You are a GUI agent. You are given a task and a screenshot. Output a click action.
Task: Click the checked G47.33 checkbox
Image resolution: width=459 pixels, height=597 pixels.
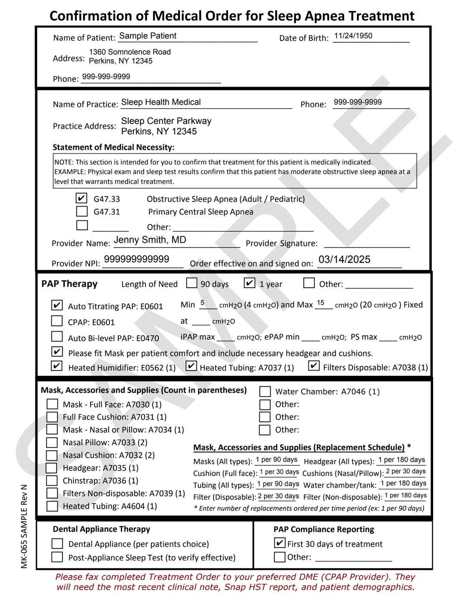(x=82, y=198)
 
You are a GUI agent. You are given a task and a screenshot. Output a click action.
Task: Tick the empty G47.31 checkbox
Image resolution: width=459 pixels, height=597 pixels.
(x=82, y=211)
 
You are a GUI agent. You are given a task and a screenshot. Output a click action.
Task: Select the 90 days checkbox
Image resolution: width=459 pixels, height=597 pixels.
(x=192, y=283)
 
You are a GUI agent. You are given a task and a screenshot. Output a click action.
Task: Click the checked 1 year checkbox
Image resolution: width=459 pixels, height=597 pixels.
(x=249, y=283)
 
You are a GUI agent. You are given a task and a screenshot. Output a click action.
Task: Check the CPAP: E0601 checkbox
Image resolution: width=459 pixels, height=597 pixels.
(x=57, y=321)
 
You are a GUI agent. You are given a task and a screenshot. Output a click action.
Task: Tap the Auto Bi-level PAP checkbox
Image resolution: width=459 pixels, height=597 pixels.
(x=57, y=336)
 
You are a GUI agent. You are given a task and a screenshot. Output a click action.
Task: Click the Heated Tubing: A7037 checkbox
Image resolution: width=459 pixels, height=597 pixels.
(x=191, y=366)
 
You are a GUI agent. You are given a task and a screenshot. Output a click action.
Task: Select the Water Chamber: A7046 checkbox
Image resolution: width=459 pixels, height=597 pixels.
(x=265, y=391)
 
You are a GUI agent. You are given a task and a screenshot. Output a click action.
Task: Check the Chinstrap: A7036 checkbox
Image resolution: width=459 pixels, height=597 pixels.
(x=52, y=481)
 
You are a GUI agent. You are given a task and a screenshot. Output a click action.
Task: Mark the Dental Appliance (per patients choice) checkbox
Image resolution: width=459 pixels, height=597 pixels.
(x=57, y=544)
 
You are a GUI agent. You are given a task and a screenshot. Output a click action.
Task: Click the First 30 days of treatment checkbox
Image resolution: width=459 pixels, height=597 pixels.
(x=280, y=543)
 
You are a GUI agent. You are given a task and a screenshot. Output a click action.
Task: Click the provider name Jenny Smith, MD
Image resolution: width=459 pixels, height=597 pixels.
(x=150, y=240)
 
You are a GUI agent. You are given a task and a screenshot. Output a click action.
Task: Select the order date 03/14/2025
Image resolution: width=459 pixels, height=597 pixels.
(x=344, y=259)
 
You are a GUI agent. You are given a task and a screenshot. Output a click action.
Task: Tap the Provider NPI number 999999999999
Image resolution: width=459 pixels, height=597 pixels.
(x=136, y=259)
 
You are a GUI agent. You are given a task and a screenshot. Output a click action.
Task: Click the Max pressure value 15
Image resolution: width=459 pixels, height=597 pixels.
(x=321, y=303)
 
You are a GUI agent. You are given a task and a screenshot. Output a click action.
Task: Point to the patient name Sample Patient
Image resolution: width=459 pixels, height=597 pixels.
(x=148, y=36)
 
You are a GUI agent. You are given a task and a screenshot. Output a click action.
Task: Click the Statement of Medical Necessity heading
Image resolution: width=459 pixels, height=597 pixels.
(x=113, y=148)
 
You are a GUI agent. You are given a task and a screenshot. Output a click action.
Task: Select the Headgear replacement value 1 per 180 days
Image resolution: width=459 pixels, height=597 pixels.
(x=402, y=460)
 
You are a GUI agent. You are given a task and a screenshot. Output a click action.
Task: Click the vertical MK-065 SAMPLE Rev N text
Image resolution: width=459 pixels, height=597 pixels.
(x=24, y=526)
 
